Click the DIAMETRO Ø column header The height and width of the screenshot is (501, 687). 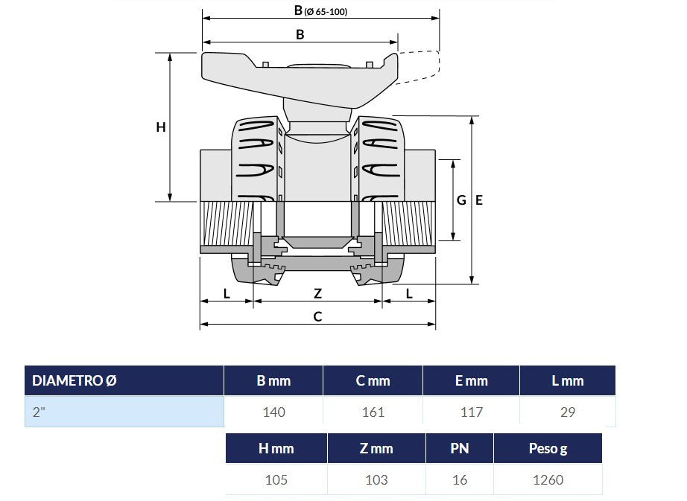[x=124, y=380]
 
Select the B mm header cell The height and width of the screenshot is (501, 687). [x=273, y=380]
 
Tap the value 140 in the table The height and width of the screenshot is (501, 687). [x=274, y=412]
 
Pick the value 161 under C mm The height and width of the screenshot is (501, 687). [x=373, y=412]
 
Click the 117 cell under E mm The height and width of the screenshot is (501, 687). [x=472, y=412]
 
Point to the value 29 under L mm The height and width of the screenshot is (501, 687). [x=567, y=412]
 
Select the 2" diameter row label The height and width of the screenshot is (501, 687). [x=124, y=412]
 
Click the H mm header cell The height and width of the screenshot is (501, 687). [x=276, y=448]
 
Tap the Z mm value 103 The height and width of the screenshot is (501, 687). [x=376, y=479]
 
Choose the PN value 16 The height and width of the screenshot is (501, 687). [x=460, y=479]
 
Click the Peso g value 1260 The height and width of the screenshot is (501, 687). [x=548, y=479]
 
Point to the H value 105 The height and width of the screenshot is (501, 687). [x=276, y=479]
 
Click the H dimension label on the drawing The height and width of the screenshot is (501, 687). [x=161, y=127]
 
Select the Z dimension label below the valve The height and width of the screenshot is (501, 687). [x=317, y=293]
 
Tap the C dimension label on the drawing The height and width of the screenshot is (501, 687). [x=317, y=316]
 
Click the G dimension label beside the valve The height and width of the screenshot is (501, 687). [x=461, y=200]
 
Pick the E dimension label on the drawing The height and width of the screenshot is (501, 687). [x=479, y=200]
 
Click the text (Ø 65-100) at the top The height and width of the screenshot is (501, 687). [x=326, y=12]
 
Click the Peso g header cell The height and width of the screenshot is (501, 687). [x=548, y=448]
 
